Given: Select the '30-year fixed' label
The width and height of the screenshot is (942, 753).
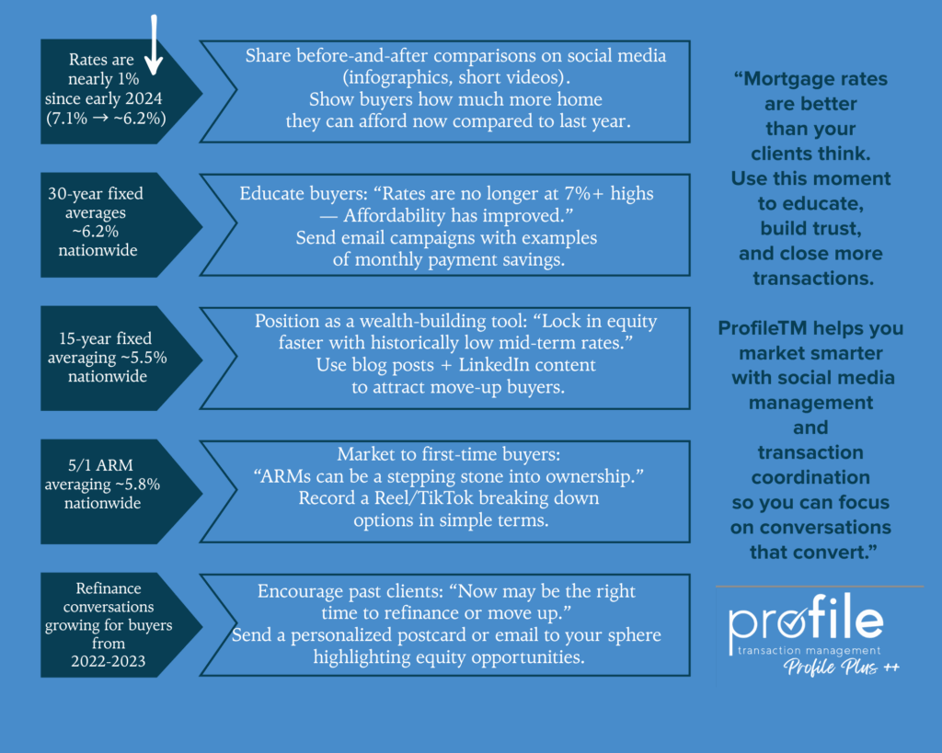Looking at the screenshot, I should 96,194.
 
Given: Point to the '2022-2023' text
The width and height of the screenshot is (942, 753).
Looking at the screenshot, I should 109,660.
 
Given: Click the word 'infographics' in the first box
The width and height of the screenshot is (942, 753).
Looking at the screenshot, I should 366,77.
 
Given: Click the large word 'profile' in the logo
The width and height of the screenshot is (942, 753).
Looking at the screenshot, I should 806,622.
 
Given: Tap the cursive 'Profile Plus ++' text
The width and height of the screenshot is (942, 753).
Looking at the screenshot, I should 841,667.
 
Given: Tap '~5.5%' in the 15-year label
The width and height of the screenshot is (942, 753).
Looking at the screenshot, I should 146,358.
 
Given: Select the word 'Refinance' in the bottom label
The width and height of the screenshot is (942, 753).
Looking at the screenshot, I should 109,588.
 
